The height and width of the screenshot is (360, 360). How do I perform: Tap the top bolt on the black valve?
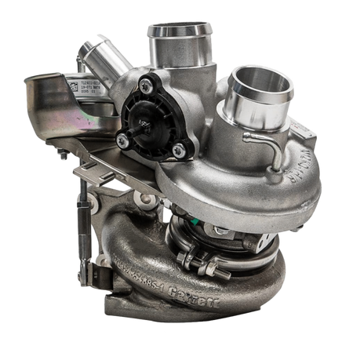coord(147,82)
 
